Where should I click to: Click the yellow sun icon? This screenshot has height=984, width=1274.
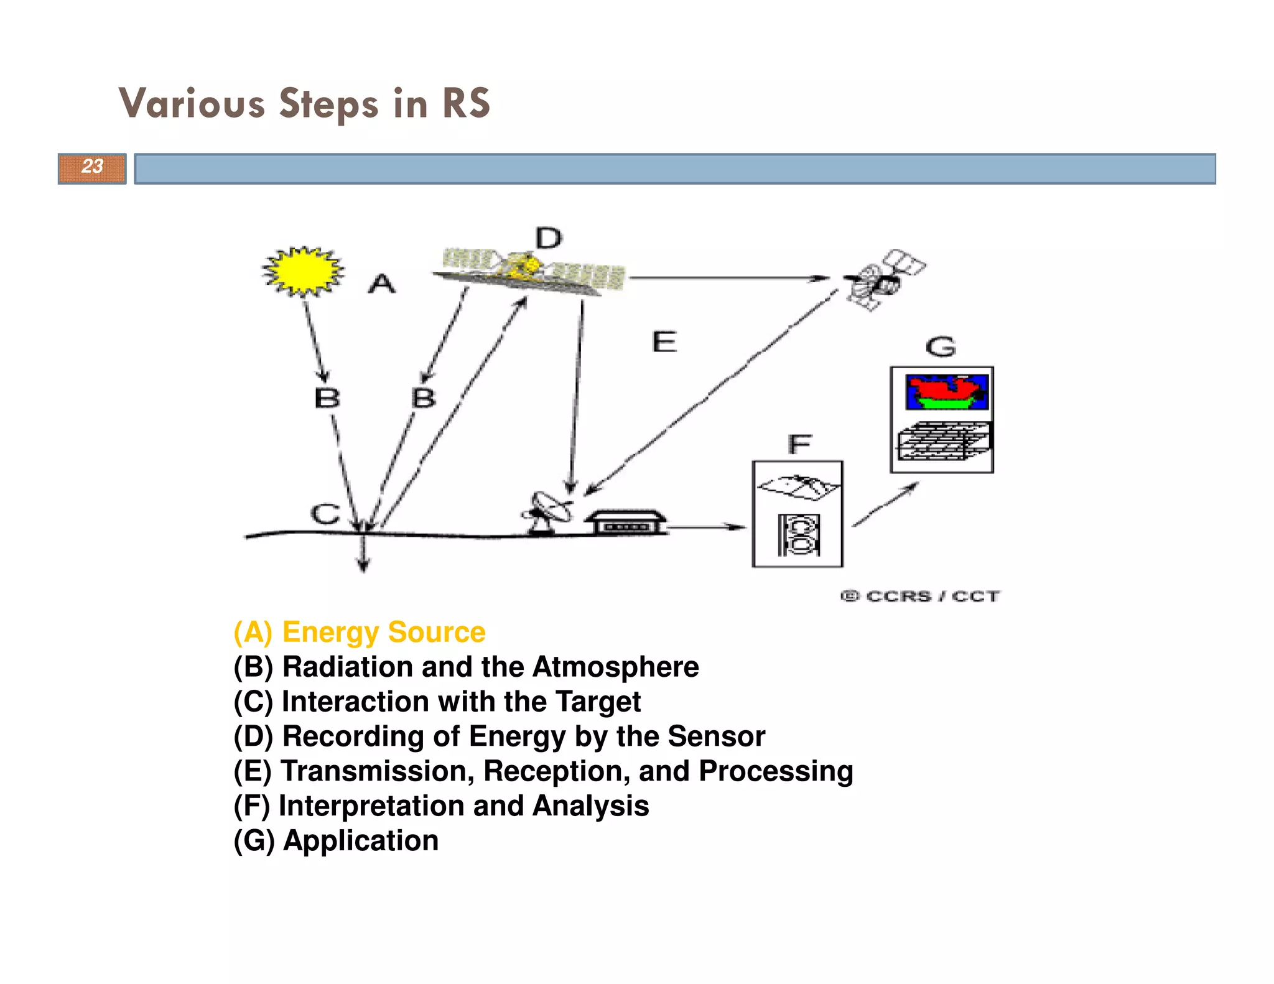pos(303,271)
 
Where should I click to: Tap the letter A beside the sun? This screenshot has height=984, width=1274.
pos(381,284)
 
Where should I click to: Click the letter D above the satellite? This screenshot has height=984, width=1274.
pos(548,238)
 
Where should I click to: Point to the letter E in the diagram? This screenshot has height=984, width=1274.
pos(664,342)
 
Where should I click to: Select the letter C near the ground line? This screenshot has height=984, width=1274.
pos(325,514)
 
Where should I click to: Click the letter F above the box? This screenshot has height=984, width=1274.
pos(799,444)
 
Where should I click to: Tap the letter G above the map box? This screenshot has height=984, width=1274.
pos(941,346)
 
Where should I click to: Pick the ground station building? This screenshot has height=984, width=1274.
pos(625,522)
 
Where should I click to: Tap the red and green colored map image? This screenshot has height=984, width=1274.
pos(946,392)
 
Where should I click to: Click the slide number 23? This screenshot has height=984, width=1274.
pos(92,167)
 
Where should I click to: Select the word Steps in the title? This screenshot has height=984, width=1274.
pos(328,104)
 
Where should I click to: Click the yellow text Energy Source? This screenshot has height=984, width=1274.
pos(383,632)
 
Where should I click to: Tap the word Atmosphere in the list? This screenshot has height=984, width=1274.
pos(615,667)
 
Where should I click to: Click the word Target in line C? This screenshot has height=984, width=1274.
pos(598,702)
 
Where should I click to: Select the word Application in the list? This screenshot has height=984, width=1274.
pos(361,840)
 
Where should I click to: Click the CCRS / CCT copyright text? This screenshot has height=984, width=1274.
pos(921,596)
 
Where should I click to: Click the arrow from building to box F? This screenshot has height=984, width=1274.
pos(707,527)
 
